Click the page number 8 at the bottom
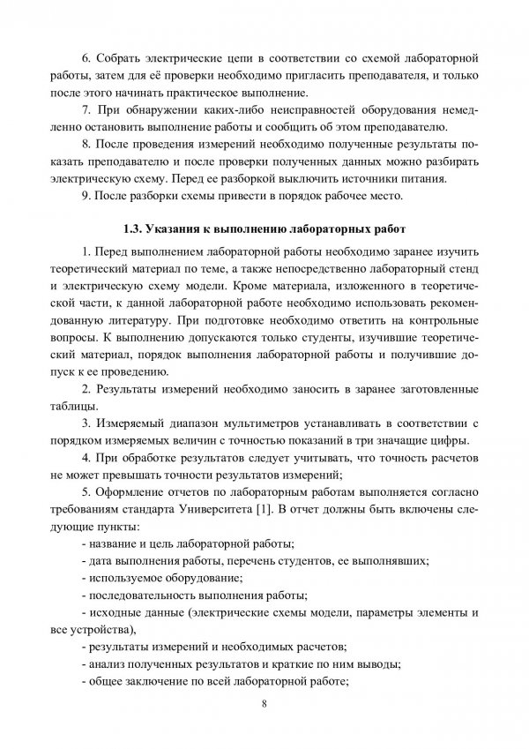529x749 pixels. [x=264, y=704]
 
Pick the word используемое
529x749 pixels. [x=126, y=578]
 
